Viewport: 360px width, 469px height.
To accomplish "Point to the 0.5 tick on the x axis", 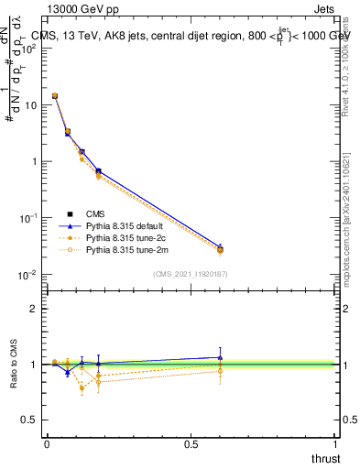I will (191, 444).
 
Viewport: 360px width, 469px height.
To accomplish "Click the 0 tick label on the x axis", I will (47, 444).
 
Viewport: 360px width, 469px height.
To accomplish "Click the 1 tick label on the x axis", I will (336, 444).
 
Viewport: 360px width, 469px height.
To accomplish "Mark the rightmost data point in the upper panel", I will (220, 249).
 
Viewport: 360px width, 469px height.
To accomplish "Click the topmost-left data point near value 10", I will (55, 95).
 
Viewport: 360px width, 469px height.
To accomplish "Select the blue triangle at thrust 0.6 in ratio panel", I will (220, 357).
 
